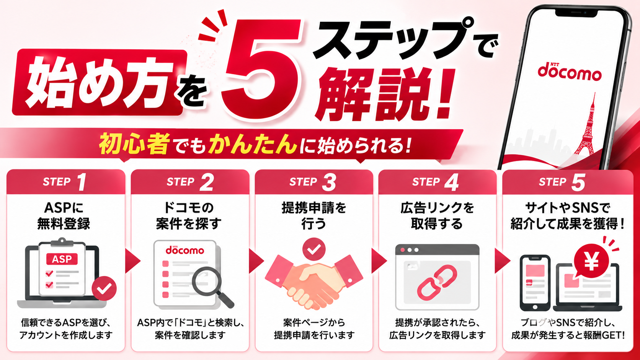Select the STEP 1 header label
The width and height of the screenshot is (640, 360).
pyautogui.click(x=65, y=182)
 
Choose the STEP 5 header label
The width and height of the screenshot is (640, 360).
pyautogui.click(x=562, y=182)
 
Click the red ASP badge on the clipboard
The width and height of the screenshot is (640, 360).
pyautogui.click(x=62, y=259)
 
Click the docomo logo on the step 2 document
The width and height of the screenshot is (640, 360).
pyautogui.click(x=185, y=250)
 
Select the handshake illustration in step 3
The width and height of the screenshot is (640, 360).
pyautogui.click(x=314, y=281)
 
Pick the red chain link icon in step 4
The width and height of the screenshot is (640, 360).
pyautogui.click(x=437, y=281)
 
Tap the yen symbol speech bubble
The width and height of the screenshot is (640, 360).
pyautogui.click(x=591, y=261)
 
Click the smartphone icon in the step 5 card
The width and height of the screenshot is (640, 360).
pyautogui.click(x=535, y=283)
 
